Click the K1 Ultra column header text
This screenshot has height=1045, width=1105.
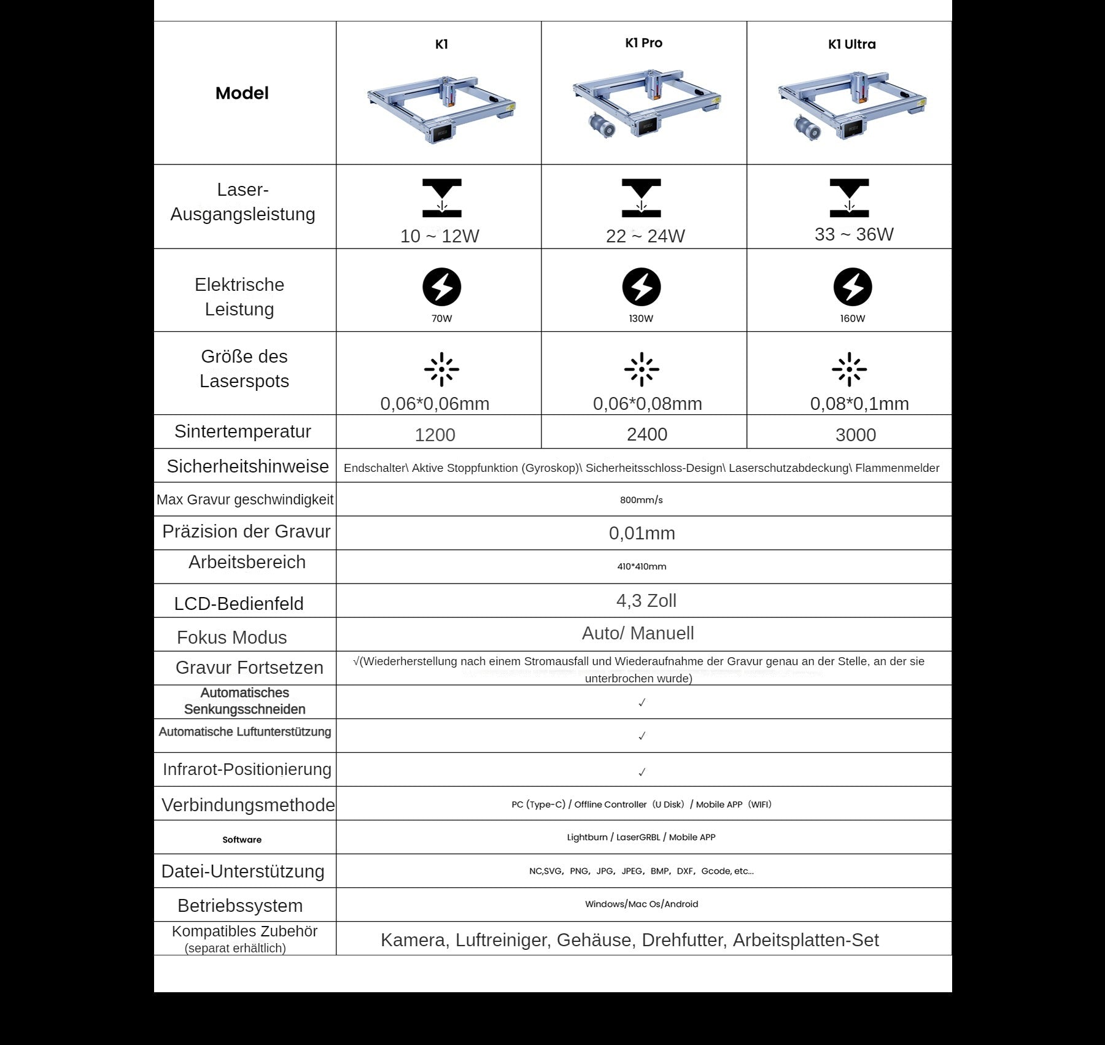coord(851,44)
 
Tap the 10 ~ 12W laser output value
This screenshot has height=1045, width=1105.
coord(440,236)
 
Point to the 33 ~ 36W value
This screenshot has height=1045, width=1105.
coord(854,234)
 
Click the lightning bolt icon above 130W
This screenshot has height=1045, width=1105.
coord(641,287)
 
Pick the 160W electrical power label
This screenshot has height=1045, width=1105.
coord(852,318)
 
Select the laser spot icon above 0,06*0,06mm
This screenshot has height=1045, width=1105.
coord(441,369)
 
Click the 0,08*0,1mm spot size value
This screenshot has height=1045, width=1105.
coord(859,404)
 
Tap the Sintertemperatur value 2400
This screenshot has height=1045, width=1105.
coord(646,434)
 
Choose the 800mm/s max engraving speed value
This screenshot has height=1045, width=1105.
coord(641,500)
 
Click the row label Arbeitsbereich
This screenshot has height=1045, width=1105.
coord(247,562)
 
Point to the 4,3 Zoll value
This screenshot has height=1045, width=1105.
coord(646,601)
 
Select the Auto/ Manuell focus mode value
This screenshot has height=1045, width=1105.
coord(638,633)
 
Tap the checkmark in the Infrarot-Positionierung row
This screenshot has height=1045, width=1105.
coord(642,772)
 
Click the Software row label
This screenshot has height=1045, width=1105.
coord(242,840)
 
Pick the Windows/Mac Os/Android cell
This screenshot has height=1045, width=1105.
coord(641,904)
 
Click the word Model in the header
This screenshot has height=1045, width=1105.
coord(242,93)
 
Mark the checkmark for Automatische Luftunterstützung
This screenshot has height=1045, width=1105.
coord(642,736)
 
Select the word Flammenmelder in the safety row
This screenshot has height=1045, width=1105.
coord(897,468)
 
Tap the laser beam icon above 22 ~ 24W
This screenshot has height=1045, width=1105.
coord(641,198)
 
